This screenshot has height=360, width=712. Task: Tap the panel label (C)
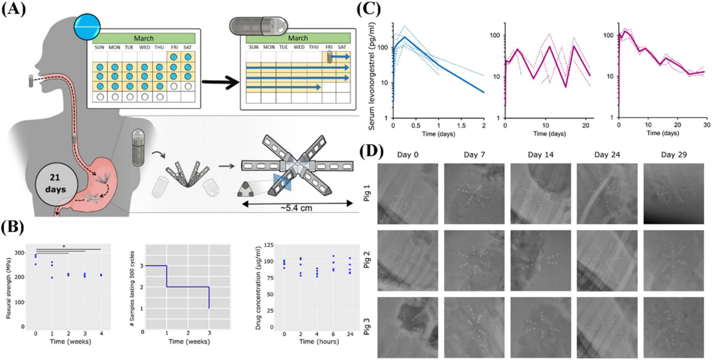point(369,10)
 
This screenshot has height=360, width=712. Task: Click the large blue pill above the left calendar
point(87,26)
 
